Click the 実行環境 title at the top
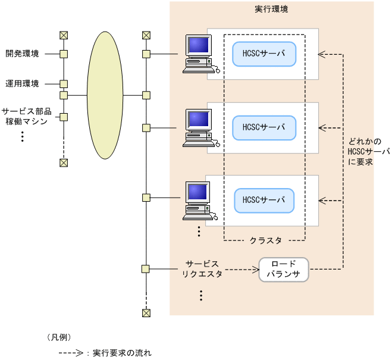[271, 10]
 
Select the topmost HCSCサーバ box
[264, 54]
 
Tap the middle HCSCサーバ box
[264, 127]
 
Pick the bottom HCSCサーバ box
[264, 200]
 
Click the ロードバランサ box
[284, 270]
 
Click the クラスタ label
[265, 241]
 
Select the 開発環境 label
[22, 54]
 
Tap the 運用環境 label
[22, 83]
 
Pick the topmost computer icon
[199, 54]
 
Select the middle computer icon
[199, 127]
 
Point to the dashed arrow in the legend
[71, 353]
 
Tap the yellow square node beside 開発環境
[64, 54]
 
